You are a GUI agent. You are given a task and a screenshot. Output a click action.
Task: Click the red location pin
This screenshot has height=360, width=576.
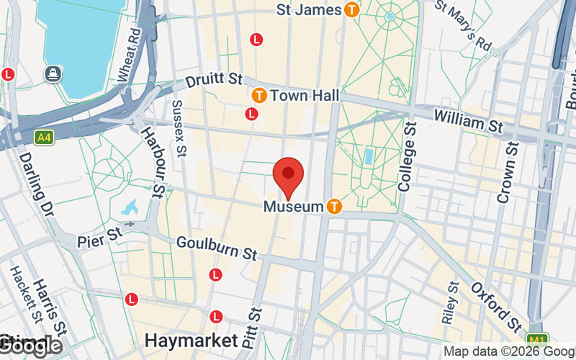[x=289, y=175]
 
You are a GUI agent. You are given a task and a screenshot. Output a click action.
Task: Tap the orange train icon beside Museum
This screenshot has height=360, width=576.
[x=334, y=207]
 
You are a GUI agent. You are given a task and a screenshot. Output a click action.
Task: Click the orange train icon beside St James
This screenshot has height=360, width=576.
[x=351, y=10]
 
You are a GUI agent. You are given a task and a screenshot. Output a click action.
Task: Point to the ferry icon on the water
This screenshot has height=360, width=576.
[x=53, y=73]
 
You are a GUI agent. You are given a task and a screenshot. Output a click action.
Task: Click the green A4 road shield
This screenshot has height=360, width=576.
[x=44, y=136]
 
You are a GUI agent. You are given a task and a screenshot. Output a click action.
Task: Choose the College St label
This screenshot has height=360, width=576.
[x=408, y=156]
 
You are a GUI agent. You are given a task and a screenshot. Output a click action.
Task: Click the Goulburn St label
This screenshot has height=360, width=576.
[x=217, y=248]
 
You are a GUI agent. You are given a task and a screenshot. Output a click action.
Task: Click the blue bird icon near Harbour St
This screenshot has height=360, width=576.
[x=130, y=208]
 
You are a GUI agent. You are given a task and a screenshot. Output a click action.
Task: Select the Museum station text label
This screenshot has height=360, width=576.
[x=293, y=207]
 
